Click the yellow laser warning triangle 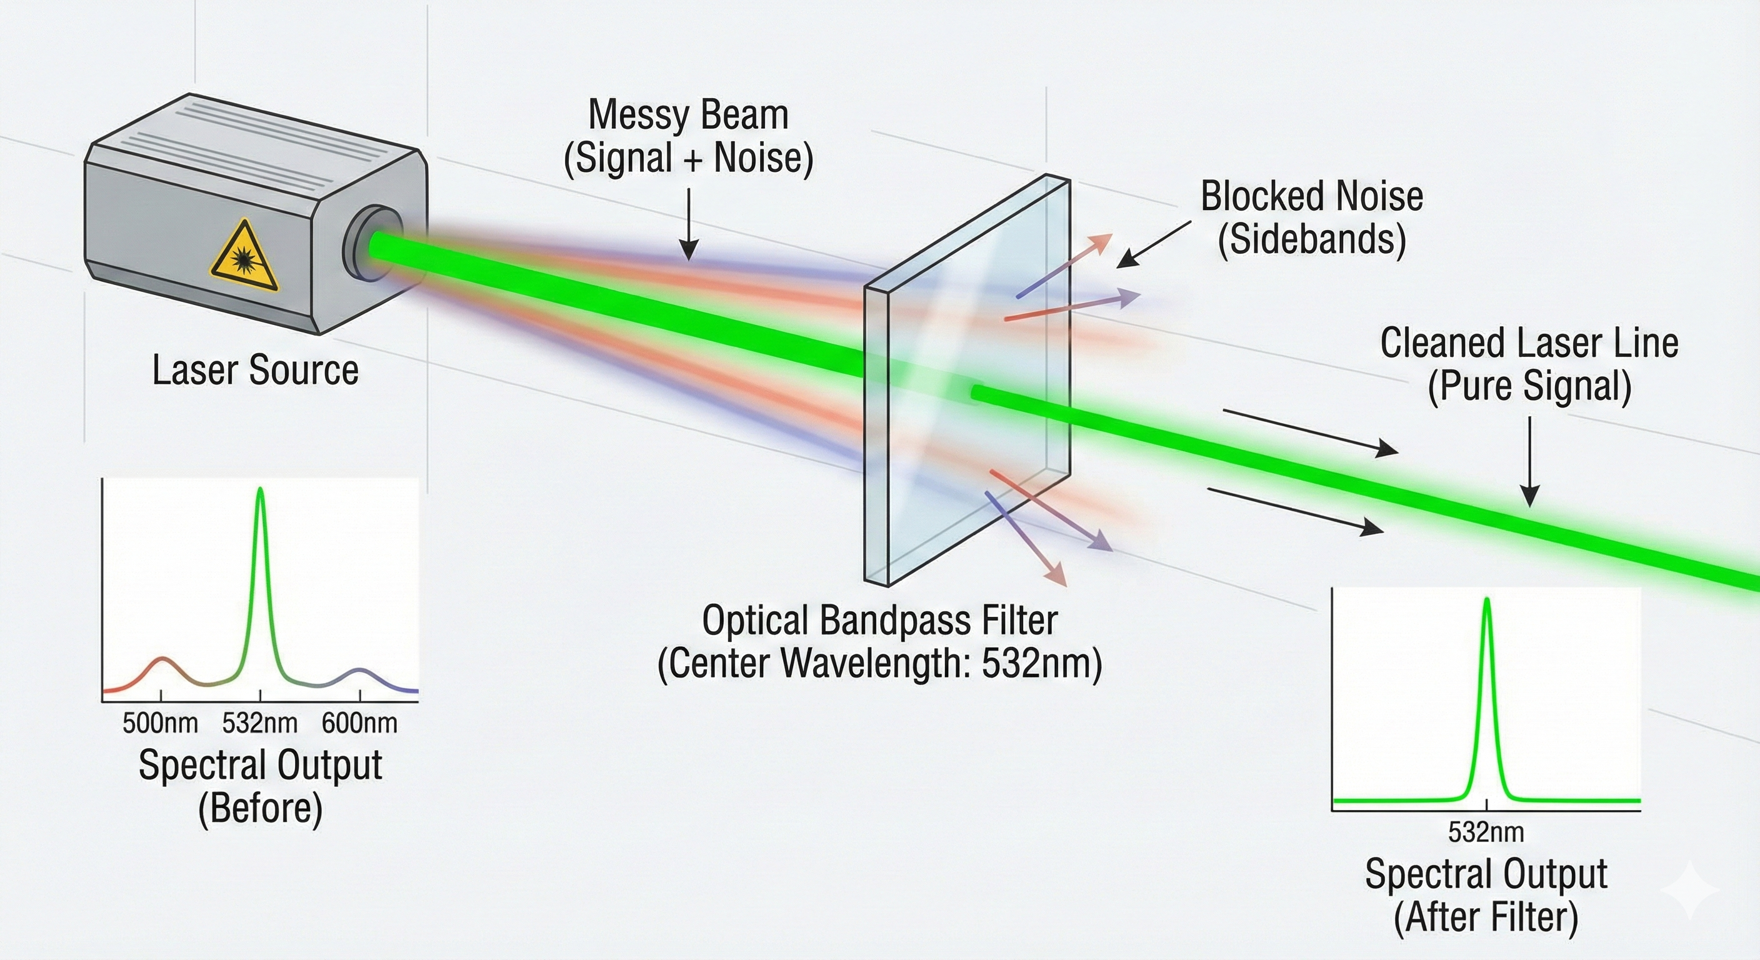coord(244,258)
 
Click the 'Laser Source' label coord(255,371)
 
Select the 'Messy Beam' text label coord(688,116)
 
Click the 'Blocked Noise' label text coord(1312,197)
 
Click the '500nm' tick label coord(160,724)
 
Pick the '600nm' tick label coord(359,724)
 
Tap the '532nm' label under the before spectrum coord(259,724)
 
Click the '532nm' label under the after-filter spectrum coord(1486,832)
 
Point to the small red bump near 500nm coord(162,661)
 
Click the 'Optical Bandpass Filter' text coord(879,621)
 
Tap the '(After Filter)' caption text coord(1486,917)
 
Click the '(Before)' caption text coord(259,809)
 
